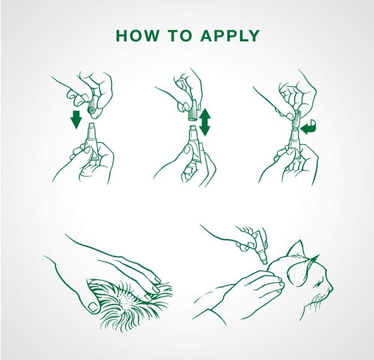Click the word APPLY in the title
point(230,36)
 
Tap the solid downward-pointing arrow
point(77,120)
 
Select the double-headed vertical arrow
point(205,122)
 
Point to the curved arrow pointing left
point(308,128)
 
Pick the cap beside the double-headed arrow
point(193,111)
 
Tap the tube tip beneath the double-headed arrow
point(193,129)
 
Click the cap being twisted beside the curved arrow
point(295,120)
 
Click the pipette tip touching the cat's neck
point(264,262)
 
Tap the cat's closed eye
point(317,285)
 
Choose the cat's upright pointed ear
point(296,250)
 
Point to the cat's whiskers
point(316,300)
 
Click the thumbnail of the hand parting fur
point(92,307)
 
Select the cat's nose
point(331,288)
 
